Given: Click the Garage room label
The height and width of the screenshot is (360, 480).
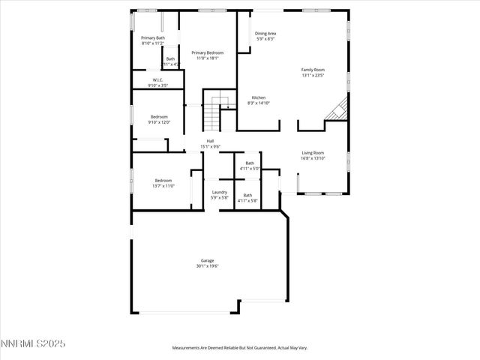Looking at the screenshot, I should (207, 260).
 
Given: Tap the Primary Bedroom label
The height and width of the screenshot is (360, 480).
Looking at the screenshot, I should (207, 52).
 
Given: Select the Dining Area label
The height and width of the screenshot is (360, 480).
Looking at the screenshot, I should (265, 34).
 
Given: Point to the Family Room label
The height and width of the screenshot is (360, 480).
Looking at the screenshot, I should (313, 69).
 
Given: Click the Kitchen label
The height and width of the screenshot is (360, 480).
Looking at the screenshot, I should (258, 97).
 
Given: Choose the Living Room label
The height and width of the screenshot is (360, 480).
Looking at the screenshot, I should (313, 152).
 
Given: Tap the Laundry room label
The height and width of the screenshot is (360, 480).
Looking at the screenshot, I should (219, 192).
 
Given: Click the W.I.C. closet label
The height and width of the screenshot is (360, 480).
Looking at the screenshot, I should (157, 79).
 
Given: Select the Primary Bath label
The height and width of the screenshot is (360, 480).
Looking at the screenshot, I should (153, 37).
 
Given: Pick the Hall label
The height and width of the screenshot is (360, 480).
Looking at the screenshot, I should (211, 140).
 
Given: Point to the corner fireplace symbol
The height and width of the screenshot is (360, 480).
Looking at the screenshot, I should (338, 109).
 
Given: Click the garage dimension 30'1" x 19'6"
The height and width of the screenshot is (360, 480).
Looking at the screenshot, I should (207, 265).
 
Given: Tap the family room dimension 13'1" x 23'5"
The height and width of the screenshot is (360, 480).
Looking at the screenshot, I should (313, 74).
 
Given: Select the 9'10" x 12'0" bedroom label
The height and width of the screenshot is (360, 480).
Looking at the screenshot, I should (159, 119).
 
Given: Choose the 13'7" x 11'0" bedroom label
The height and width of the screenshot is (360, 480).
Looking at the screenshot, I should (164, 183).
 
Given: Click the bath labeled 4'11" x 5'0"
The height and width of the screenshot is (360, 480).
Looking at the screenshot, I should (249, 166).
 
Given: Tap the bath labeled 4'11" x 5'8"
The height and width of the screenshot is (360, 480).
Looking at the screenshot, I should (247, 198).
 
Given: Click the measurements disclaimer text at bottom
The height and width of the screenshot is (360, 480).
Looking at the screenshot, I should (239, 348).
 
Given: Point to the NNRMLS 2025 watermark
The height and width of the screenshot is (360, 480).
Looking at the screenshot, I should (33, 344).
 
